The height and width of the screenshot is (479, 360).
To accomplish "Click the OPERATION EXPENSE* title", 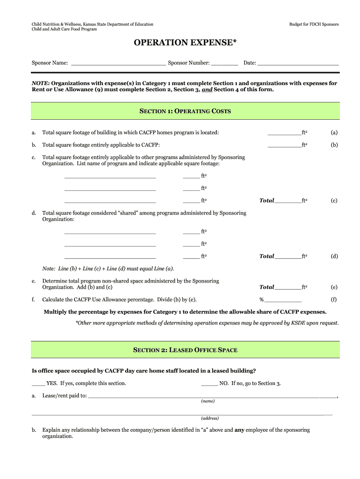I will click(x=185, y=43).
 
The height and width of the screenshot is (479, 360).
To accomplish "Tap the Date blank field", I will click(x=298, y=62).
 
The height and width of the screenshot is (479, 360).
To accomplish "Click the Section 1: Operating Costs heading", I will click(x=185, y=111).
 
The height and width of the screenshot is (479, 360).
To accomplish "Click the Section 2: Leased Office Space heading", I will click(x=185, y=350).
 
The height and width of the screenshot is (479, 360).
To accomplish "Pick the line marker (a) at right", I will click(x=334, y=133).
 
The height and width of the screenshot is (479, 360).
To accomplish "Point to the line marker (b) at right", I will click(x=334, y=145).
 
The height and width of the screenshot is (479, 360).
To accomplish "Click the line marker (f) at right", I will click(x=334, y=299).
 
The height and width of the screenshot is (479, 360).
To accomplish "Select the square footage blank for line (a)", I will click(x=284, y=133).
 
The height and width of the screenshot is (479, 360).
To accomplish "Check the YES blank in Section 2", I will click(x=38, y=384).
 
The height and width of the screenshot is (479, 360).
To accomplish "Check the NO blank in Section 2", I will click(x=209, y=384).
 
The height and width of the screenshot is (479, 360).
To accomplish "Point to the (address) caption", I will click(x=210, y=418).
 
